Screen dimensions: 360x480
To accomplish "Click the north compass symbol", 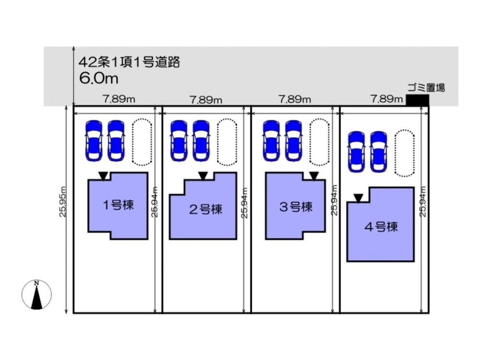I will pyautogui.click(x=37, y=294).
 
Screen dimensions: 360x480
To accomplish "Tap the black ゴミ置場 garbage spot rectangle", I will pyautogui.click(x=418, y=100).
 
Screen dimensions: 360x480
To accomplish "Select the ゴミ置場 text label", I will pyautogui.click(x=426, y=87).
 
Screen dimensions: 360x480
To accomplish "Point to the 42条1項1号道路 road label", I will pyautogui.click(x=129, y=62).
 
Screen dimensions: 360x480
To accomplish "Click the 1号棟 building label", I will pyautogui.click(x=118, y=205).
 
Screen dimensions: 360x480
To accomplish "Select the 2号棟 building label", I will pyautogui.click(x=205, y=209).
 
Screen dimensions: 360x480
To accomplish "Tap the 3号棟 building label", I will pyautogui.click(x=296, y=207).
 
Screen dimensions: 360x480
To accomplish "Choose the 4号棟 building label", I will pyautogui.click(x=381, y=227).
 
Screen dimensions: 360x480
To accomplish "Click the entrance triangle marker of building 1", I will pyautogui.click(x=103, y=176).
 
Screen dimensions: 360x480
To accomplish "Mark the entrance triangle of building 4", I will pyautogui.click(x=358, y=198).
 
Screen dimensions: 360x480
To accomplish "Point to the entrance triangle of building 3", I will pyautogui.click(x=313, y=176).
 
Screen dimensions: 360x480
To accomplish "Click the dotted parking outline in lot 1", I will pyautogui.click(x=142, y=142).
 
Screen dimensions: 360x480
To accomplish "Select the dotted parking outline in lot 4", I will pyautogui.click(x=404, y=153).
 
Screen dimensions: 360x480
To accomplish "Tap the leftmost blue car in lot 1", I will pyautogui.click(x=94, y=141).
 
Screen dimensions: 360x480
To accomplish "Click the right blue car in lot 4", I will pyautogui.click(x=379, y=152).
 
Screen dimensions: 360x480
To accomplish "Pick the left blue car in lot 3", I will pyautogui.click(x=271, y=141).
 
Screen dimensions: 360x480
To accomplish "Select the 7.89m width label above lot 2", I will pyautogui.click(x=205, y=100).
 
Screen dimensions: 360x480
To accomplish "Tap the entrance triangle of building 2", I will pyautogui.click(x=203, y=176).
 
